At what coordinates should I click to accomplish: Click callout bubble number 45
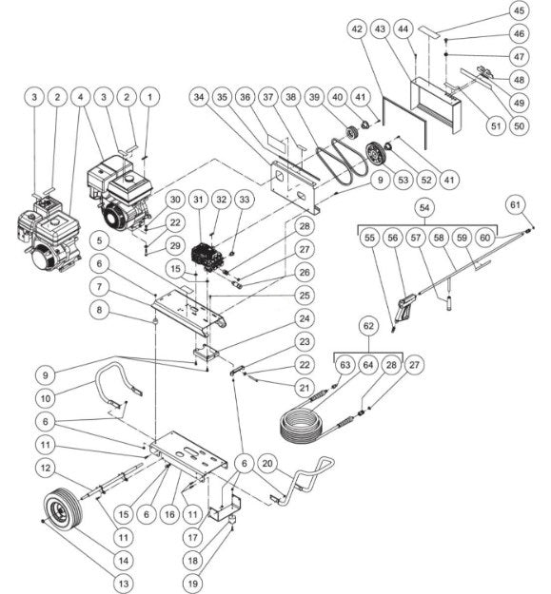click(518, 12)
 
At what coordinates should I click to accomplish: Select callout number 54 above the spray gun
click(426, 206)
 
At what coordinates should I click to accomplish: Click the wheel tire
click(63, 511)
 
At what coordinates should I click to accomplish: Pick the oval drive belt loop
click(340, 156)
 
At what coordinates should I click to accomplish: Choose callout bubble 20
click(269, 463)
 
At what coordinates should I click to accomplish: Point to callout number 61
click(515, 204)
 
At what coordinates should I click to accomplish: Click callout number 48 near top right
click(518, 79)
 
